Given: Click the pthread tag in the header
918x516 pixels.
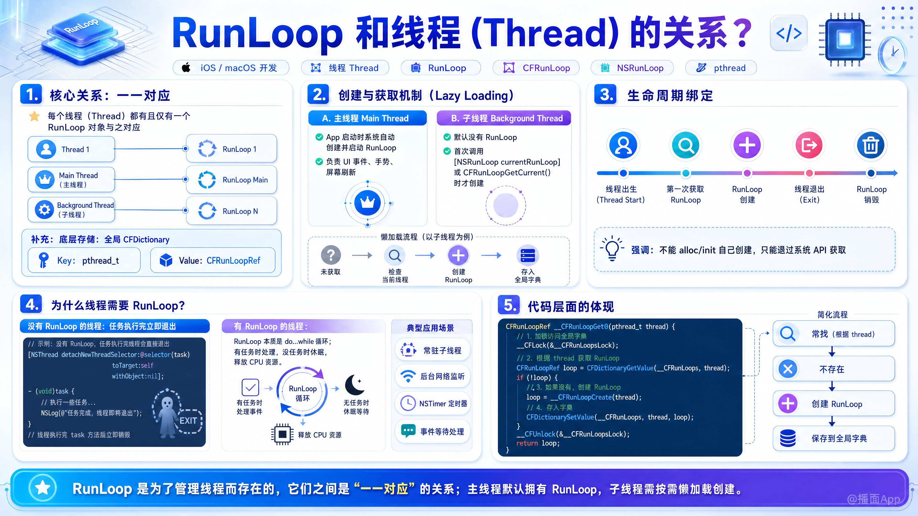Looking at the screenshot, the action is (721, 68).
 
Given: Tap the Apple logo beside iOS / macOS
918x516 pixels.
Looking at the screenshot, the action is (186, 67).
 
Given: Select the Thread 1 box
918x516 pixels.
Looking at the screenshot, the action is (71, 149).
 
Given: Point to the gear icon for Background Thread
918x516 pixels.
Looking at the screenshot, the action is (44, 210).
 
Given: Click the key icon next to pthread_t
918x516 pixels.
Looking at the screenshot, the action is (44, 260).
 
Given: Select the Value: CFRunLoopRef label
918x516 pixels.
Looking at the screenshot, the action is (219, 261).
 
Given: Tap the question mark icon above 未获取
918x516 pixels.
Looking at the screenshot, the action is (331, 255).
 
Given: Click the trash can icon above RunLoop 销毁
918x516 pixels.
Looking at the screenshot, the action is (871, 145).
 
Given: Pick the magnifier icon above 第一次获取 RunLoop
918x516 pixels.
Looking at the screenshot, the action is (685, 145).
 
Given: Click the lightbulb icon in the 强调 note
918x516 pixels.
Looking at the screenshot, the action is (612, 248).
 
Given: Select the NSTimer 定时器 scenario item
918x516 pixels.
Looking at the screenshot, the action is (433, 403).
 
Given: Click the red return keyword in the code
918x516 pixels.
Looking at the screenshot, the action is (527, 443).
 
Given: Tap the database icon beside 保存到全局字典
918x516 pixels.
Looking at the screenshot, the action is (787, 438).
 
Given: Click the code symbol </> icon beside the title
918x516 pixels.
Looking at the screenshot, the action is (789, 33).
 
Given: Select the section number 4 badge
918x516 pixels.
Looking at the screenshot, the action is (31, 305).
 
